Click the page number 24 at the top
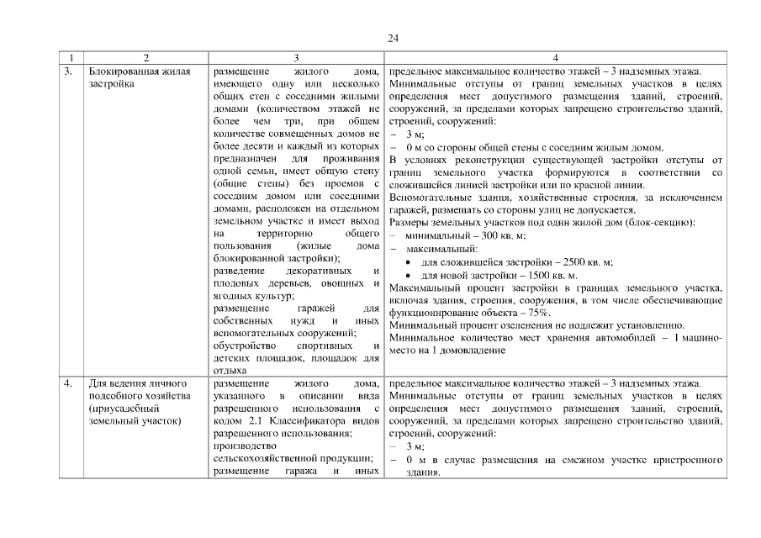point(393,38)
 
